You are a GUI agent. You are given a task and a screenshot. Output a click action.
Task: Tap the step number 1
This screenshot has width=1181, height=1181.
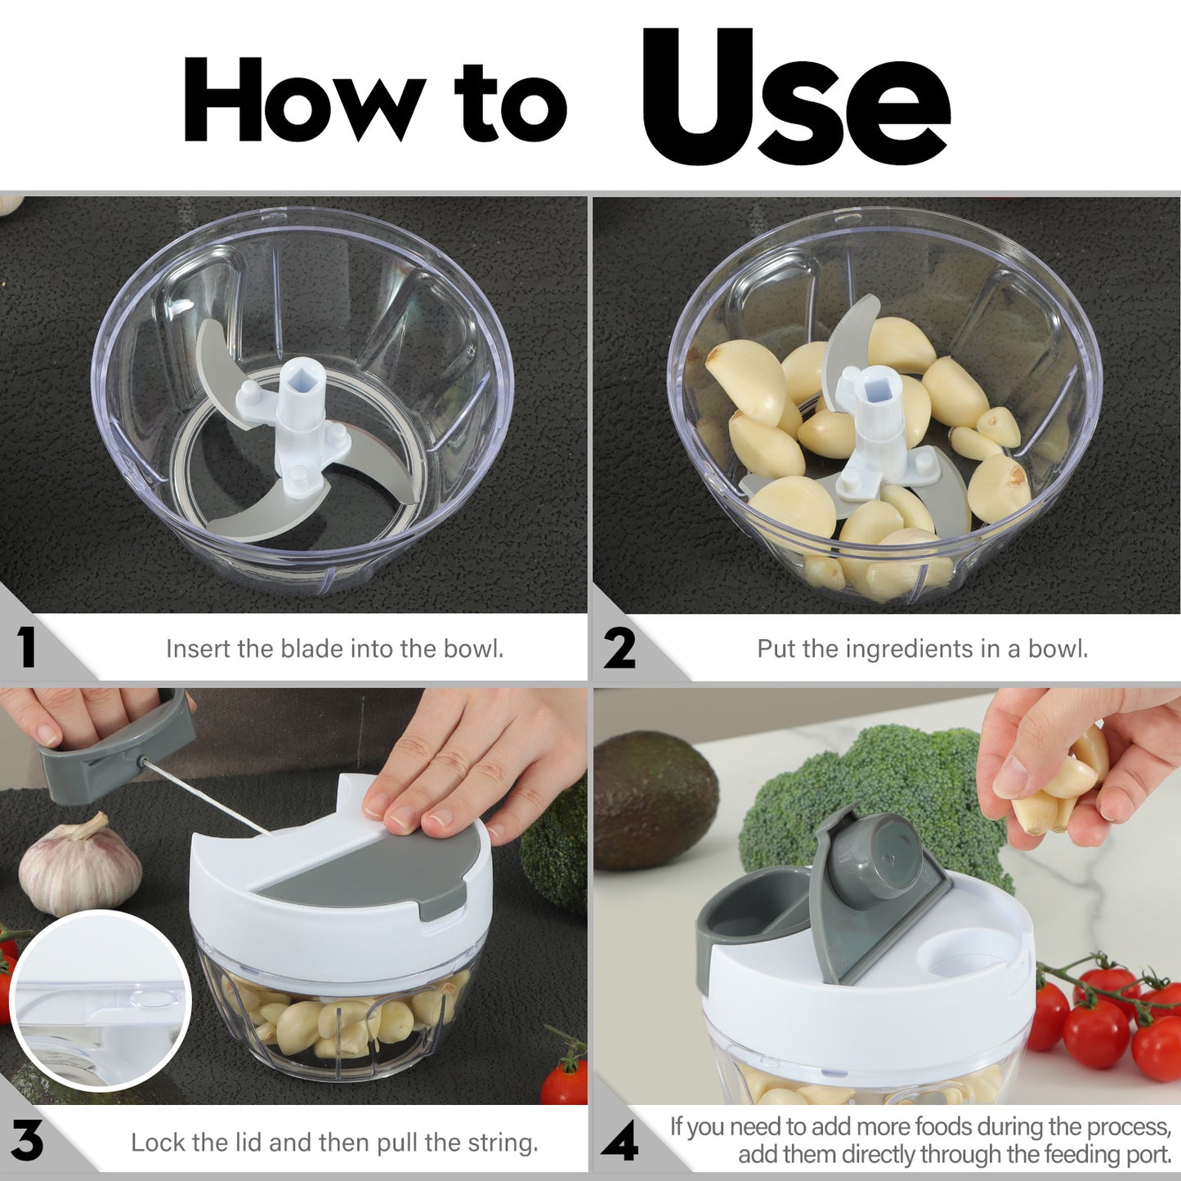pos(27,648)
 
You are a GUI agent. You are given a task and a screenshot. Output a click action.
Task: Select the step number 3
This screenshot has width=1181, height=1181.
pos(27,1141)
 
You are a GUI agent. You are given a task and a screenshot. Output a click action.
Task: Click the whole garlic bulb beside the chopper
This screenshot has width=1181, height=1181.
pos(79,866)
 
